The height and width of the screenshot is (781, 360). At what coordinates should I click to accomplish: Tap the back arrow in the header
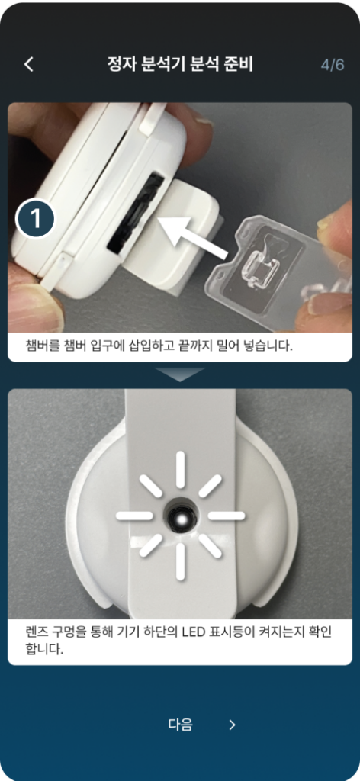click(x=30, y=65)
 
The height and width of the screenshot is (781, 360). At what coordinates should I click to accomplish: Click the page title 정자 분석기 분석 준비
click(x=180, y=65)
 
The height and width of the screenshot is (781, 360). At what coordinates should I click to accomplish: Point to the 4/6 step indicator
click(x=333, y=66)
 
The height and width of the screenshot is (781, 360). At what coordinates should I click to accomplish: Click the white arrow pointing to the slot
click(x=193, y=235)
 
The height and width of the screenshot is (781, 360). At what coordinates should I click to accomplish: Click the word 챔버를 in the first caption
click(x=42, y=346)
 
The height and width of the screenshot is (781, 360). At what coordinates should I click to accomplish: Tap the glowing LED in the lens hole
click(x=181, y=518)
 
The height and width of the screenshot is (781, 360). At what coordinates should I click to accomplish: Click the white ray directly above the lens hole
click(x=180, y=470)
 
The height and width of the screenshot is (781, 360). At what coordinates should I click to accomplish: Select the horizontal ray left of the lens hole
click(x=134, y=516)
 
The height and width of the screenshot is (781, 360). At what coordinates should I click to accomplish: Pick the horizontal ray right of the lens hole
click(x=227, y=516)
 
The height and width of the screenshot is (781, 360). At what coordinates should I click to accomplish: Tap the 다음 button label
click(x=180, y=725)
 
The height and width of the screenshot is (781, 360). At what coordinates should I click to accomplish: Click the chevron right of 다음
click(x=232, y=725)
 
